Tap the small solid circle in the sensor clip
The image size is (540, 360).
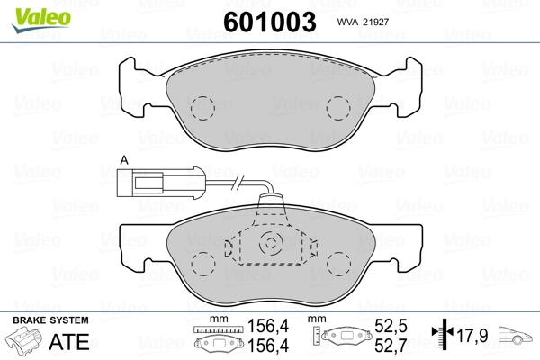(x=269, y=242)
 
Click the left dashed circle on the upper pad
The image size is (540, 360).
(x=202, y=109)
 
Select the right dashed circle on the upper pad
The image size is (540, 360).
(x=337, y=109)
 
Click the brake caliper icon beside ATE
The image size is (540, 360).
(x=24, y=344)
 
